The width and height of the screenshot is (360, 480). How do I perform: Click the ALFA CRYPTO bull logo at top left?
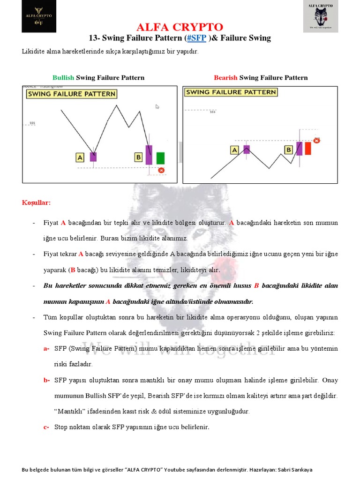[x=38, y=16]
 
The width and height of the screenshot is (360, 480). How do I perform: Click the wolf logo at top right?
[x=321, y=17]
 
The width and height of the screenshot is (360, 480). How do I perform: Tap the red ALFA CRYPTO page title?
[x=180, y=27]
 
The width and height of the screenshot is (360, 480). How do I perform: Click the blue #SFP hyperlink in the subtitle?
[x=197, y=38]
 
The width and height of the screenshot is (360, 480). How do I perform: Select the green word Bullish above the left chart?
[x=63, y=78]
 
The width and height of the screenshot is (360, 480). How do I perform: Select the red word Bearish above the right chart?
[x=225, y=78]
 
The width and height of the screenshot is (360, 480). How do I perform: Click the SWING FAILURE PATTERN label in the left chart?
[x=71, y=94]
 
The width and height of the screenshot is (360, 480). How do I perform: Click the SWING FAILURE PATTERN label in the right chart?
[x=231, y=92]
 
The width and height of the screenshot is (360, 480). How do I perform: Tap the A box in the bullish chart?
[x=80, y=158]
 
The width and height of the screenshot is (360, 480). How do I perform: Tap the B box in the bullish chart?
[x=138, y=157]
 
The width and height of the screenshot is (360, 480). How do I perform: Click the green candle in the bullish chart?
[x=161, y=158]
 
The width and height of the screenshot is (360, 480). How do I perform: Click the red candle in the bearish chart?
[x=308, y=148]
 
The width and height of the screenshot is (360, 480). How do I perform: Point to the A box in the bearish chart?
[x=234, y=150]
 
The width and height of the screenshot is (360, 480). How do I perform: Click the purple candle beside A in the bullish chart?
[x=93, y=157]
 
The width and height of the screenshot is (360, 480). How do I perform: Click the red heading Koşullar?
[x=37, y=203]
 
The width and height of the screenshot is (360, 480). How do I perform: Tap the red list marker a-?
[x=46, y=349]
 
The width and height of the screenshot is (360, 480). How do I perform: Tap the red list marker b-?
[x=46, y=380]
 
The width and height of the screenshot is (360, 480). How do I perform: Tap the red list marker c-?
[x=46, y=427]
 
